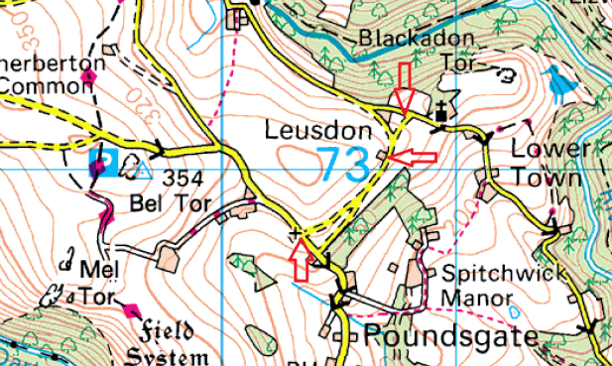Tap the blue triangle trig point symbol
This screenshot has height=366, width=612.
click(x=143, y=172)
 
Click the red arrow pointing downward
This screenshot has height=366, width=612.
click(x=402, y=86)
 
